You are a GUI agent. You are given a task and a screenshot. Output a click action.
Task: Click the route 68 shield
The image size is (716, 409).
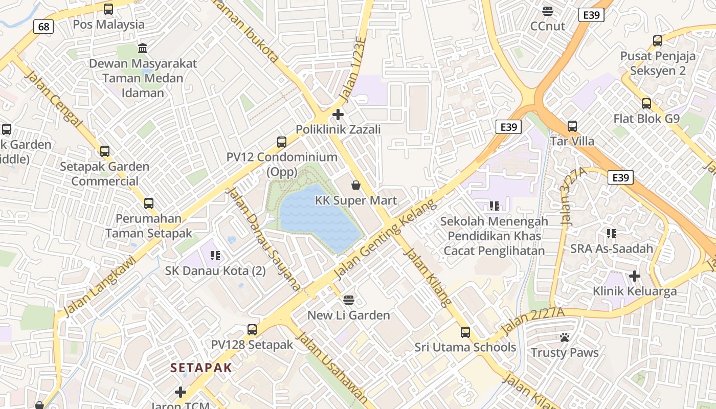point(44,26)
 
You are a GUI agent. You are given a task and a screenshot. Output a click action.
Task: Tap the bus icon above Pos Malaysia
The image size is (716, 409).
point(108,9)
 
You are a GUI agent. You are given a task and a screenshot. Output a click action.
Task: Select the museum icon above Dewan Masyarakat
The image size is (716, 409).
point(143,49)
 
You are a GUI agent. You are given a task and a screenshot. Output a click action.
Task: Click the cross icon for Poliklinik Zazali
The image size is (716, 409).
point(338,114)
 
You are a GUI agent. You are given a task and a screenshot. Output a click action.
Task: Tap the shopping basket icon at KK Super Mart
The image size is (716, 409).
point(356,185)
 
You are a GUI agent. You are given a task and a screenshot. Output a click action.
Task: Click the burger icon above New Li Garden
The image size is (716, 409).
point(349,300)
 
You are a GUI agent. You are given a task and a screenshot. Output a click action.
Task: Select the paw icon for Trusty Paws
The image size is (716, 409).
point(565,337)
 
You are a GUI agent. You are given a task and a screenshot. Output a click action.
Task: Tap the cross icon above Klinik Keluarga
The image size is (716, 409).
point(635,276)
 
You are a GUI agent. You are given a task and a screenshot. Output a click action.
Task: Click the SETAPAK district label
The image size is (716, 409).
point(201,368)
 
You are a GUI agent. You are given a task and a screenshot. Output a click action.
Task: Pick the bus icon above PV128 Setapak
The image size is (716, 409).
point(252,329)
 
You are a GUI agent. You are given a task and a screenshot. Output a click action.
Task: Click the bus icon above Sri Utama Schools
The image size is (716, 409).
point(465,332)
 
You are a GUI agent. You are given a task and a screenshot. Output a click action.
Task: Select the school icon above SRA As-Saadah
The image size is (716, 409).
point(611,234)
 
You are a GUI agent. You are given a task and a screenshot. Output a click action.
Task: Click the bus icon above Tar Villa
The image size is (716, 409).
point(572,125)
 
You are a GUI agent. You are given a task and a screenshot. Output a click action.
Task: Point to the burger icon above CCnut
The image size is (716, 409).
point(548,11)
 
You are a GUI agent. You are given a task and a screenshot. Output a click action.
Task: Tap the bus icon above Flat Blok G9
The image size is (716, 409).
point(646,103)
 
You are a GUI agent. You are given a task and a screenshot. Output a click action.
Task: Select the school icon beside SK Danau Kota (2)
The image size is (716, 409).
point(215,255)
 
